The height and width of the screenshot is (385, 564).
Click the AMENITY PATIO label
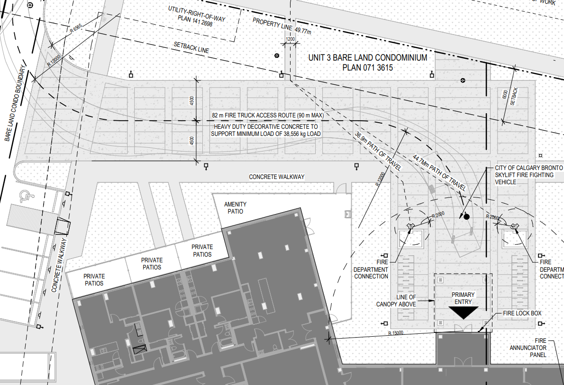point(235,208)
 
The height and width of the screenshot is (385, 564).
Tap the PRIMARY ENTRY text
point(463,298)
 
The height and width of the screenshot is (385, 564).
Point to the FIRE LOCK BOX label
point(522,313)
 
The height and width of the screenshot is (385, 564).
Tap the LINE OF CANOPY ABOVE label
point(396,301)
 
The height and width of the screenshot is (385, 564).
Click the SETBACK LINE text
point(191,47)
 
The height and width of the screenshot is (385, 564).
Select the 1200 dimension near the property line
point(290,39)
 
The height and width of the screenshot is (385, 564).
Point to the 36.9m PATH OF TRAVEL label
point(378,152)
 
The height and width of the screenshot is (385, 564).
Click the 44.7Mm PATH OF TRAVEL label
point(439,172)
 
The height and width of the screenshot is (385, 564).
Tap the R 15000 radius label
point(396,333)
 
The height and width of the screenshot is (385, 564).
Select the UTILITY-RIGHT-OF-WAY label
point(196,16)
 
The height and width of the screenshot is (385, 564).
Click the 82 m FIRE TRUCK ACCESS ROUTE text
point(268,116)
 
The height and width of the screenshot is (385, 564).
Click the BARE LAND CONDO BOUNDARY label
point(16,103)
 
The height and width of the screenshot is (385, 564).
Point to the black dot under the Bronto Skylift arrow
point(466,217)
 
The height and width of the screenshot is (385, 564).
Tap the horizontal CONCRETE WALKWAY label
point(277,177)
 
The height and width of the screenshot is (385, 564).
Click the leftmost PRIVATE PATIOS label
point(94,280)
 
